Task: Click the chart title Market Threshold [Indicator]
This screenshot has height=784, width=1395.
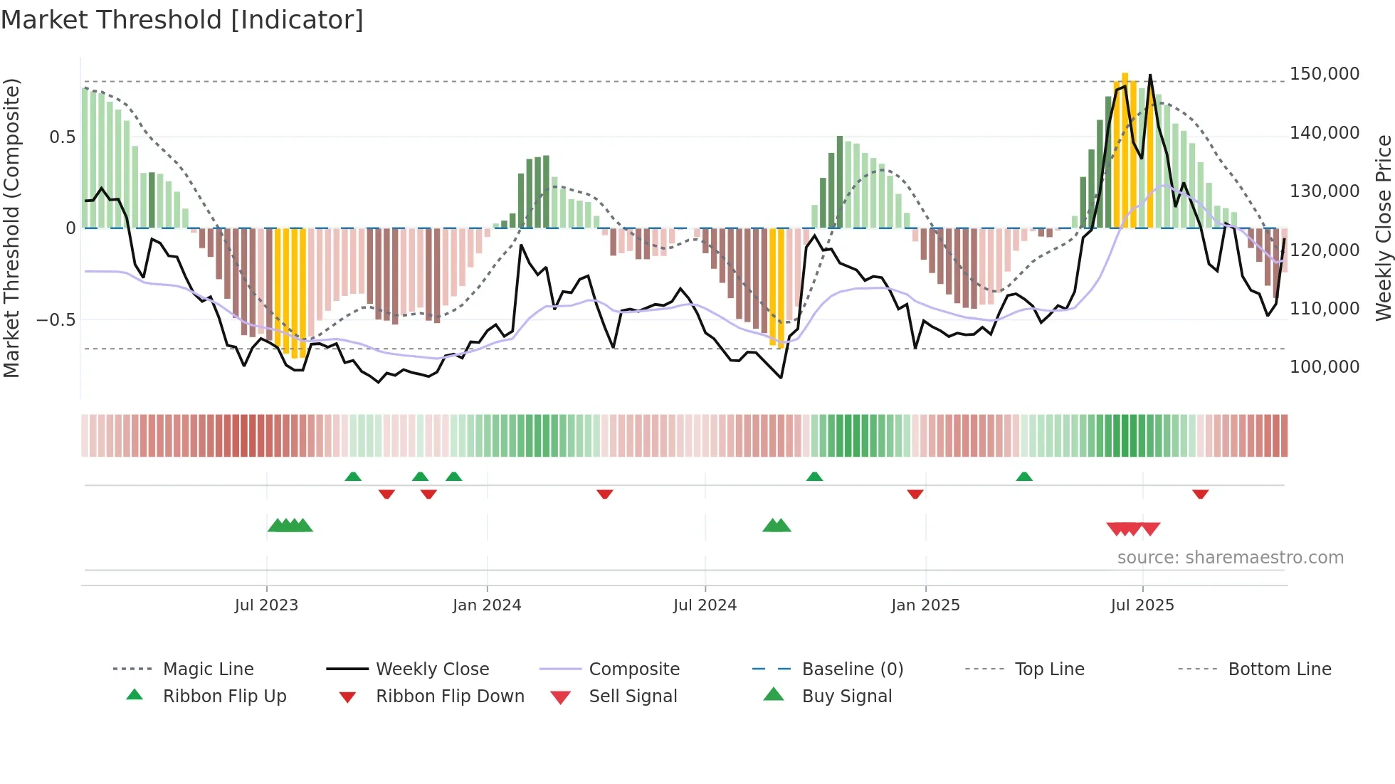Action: tap(182, 20)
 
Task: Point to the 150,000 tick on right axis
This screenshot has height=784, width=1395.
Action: tap(1324, 74)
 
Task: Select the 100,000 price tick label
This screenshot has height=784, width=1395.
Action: tap(1324, 367)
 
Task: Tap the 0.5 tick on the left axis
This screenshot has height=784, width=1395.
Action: tap(62, 137)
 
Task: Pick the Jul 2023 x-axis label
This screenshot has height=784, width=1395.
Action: tap(266, 605)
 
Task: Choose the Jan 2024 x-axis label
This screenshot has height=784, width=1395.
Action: tap(487, 605)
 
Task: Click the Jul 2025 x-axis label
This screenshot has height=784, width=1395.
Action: tap(1142, 605)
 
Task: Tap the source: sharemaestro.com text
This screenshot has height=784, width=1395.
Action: tap(1230, 558)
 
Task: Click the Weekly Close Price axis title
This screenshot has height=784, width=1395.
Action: tap(1383, 228)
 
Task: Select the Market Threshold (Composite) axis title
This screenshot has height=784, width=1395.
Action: tap(11, 228)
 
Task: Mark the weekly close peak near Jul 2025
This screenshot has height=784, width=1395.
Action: tap(1150, 75)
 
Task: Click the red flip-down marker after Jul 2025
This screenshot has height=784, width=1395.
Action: tap(1200, 494)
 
